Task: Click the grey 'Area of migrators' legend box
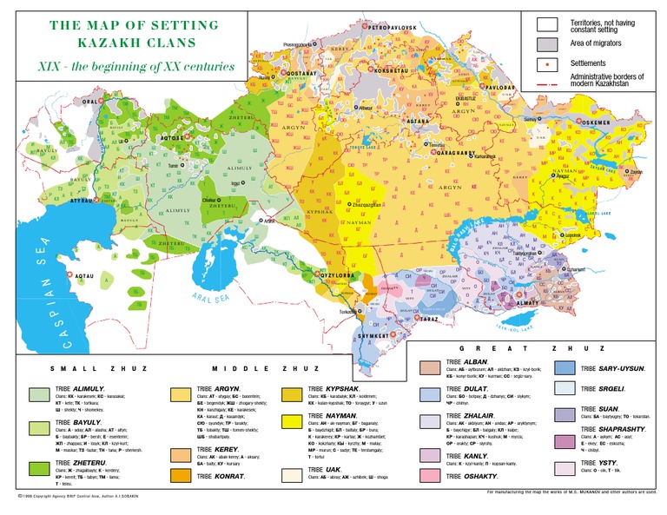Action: [x=546, y=43]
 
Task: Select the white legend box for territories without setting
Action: [x=546, y=23]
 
